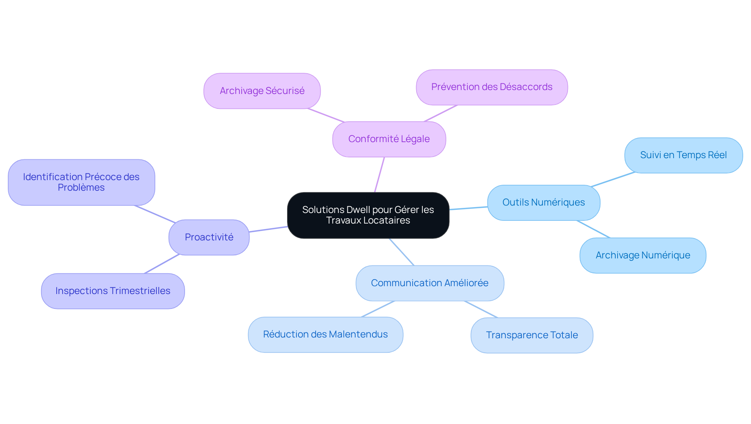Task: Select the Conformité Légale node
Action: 389,139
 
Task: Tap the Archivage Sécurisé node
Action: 262,91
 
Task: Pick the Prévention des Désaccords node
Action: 492,87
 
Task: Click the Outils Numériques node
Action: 543,202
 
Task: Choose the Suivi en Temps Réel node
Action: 683,155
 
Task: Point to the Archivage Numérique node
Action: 643,255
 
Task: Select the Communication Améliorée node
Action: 429,283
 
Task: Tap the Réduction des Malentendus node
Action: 325,334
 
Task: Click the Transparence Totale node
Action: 532,335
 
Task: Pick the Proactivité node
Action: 209,237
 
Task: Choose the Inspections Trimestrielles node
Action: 113,291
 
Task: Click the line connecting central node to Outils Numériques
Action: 468,208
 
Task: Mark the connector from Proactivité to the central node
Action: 268,229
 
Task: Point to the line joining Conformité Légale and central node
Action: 379,175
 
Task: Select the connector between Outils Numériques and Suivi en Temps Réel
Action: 613,179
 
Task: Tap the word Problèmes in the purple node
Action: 81,188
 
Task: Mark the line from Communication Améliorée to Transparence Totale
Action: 481,309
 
